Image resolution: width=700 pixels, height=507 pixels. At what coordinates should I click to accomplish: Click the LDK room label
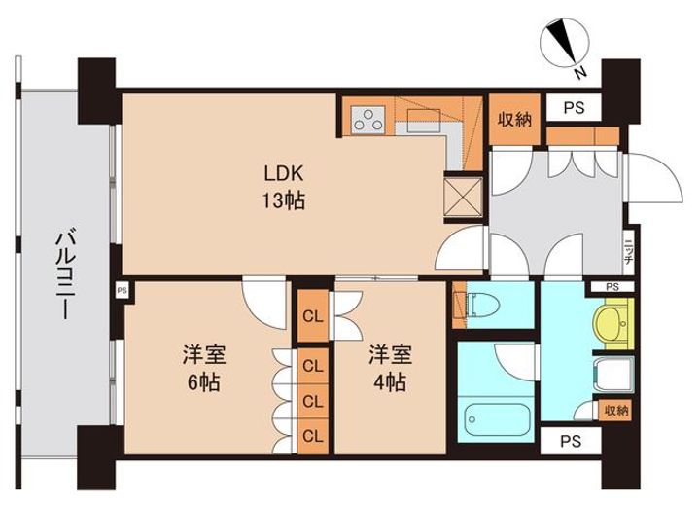point(284,173)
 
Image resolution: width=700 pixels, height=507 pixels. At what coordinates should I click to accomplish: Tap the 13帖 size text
point(284,201)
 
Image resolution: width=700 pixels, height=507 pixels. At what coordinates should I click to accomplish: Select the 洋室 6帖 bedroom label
point(203,369)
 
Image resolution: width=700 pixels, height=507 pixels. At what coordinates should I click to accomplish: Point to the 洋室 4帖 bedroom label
point(390,369)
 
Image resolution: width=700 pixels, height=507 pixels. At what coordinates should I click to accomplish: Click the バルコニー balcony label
point(65,275)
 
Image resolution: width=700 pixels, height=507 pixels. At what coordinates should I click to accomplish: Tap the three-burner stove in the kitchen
point(368,120)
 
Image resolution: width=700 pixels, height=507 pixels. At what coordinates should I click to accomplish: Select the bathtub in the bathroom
point(497,419)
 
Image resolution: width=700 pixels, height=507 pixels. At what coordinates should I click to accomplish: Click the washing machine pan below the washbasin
point(613,375)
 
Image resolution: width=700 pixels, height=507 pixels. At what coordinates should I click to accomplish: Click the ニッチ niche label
point(628,252)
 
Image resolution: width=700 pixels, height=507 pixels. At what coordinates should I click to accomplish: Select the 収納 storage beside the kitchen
point(514,120)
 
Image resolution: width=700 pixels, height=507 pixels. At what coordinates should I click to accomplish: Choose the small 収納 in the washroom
point(616,410)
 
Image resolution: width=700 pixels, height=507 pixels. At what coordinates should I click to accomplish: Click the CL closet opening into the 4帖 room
point(313,316)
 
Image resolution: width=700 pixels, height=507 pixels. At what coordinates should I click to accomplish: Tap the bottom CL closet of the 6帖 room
point(313,436)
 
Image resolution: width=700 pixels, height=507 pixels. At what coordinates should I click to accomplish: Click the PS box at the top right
point(574,108)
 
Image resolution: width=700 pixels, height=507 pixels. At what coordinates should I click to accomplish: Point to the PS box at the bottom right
point(571,442)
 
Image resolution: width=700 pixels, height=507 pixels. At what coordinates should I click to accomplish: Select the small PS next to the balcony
point(122,290)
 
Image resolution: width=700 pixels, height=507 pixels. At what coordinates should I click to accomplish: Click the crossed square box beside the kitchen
point(464,197)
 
